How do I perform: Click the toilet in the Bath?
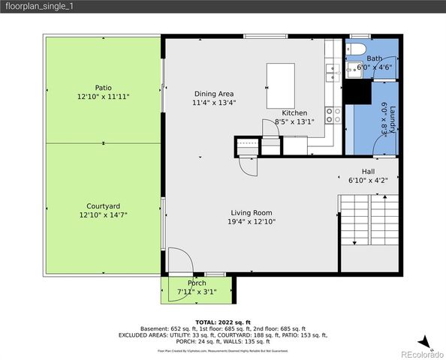356,49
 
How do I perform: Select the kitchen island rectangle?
282,77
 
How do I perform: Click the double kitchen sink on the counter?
330,73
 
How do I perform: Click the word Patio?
103,87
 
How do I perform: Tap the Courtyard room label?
103,205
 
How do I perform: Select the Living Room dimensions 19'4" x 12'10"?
252,221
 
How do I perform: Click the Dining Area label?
214,94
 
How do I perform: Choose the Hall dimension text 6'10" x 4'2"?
368,180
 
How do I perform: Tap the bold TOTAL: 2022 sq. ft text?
222,321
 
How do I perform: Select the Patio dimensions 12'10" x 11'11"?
103,97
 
